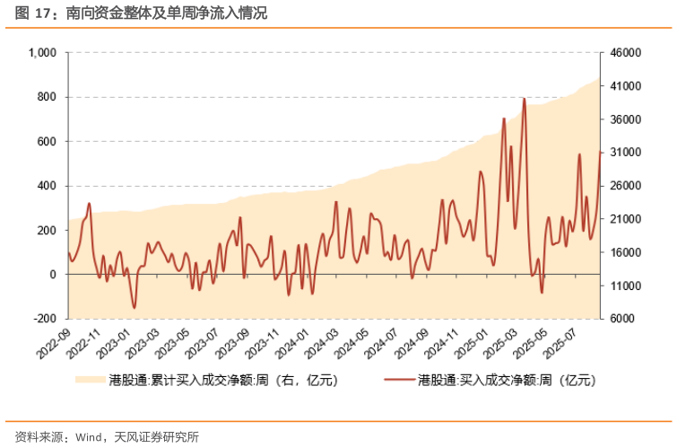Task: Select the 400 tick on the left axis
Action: click(x=48, y=186)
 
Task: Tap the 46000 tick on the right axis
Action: click(x=627, y=53)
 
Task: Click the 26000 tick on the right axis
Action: click(x=627, y=186)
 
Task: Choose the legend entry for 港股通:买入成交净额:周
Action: click(x=507, y=381)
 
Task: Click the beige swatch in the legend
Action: click(x=89, y=381)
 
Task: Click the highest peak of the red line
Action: click(x=524, y=98)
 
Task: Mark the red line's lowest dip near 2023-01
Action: click(x=135, y=308)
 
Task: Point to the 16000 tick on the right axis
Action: click(x=627, y=252)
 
